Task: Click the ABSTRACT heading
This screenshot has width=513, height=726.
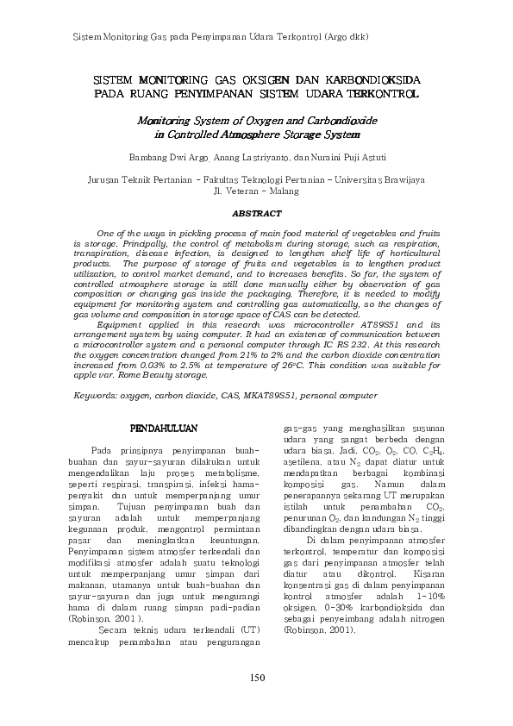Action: click(257, 212)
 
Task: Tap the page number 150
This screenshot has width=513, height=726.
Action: click(256, 677)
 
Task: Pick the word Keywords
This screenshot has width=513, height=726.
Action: click(95, 395)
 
